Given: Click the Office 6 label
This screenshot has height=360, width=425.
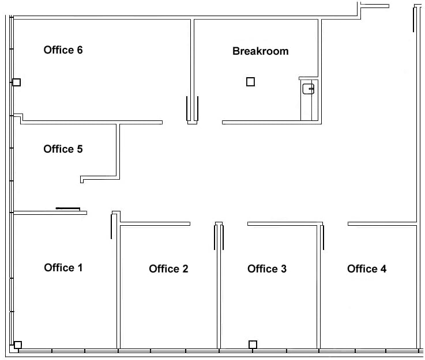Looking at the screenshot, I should [63, 50].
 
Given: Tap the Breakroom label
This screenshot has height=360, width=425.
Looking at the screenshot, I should [260, 51].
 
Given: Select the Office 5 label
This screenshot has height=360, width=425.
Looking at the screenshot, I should [63, 149].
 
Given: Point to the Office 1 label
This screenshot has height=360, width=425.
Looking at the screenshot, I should [63, 267].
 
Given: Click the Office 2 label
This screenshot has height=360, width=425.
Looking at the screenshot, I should [168, 268].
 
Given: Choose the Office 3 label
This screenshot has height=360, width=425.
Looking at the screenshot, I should [267, 268].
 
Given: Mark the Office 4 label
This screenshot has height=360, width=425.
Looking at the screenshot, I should [367, 268].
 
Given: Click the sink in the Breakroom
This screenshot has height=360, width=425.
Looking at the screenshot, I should [309, 89].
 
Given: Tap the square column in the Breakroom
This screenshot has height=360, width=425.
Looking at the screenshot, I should [250, 82].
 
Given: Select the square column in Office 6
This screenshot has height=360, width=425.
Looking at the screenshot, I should [17, 82].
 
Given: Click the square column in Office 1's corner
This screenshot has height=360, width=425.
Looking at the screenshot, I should [18, 345].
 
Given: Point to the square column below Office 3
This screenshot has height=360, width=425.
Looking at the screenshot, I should [253, 344].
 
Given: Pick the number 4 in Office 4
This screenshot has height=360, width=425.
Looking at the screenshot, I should [383, 268].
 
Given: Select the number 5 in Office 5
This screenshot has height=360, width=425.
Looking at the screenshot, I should [79, 149].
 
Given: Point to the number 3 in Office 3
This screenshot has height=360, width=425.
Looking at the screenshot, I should [283, 268].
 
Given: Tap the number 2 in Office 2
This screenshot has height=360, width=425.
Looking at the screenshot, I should [185, 268].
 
